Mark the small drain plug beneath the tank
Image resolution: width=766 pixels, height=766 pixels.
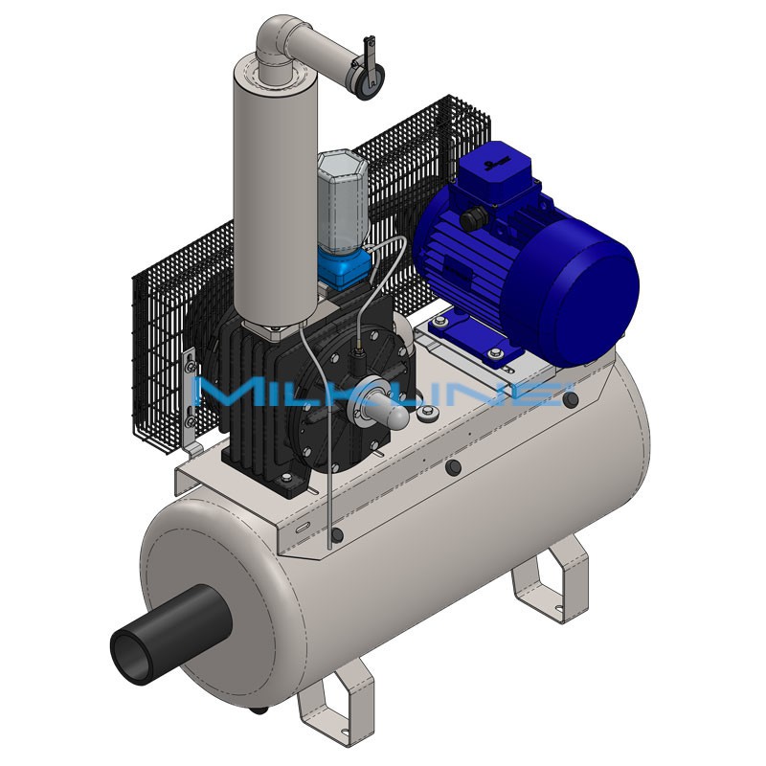pyautogui.click(x=259, y=710)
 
